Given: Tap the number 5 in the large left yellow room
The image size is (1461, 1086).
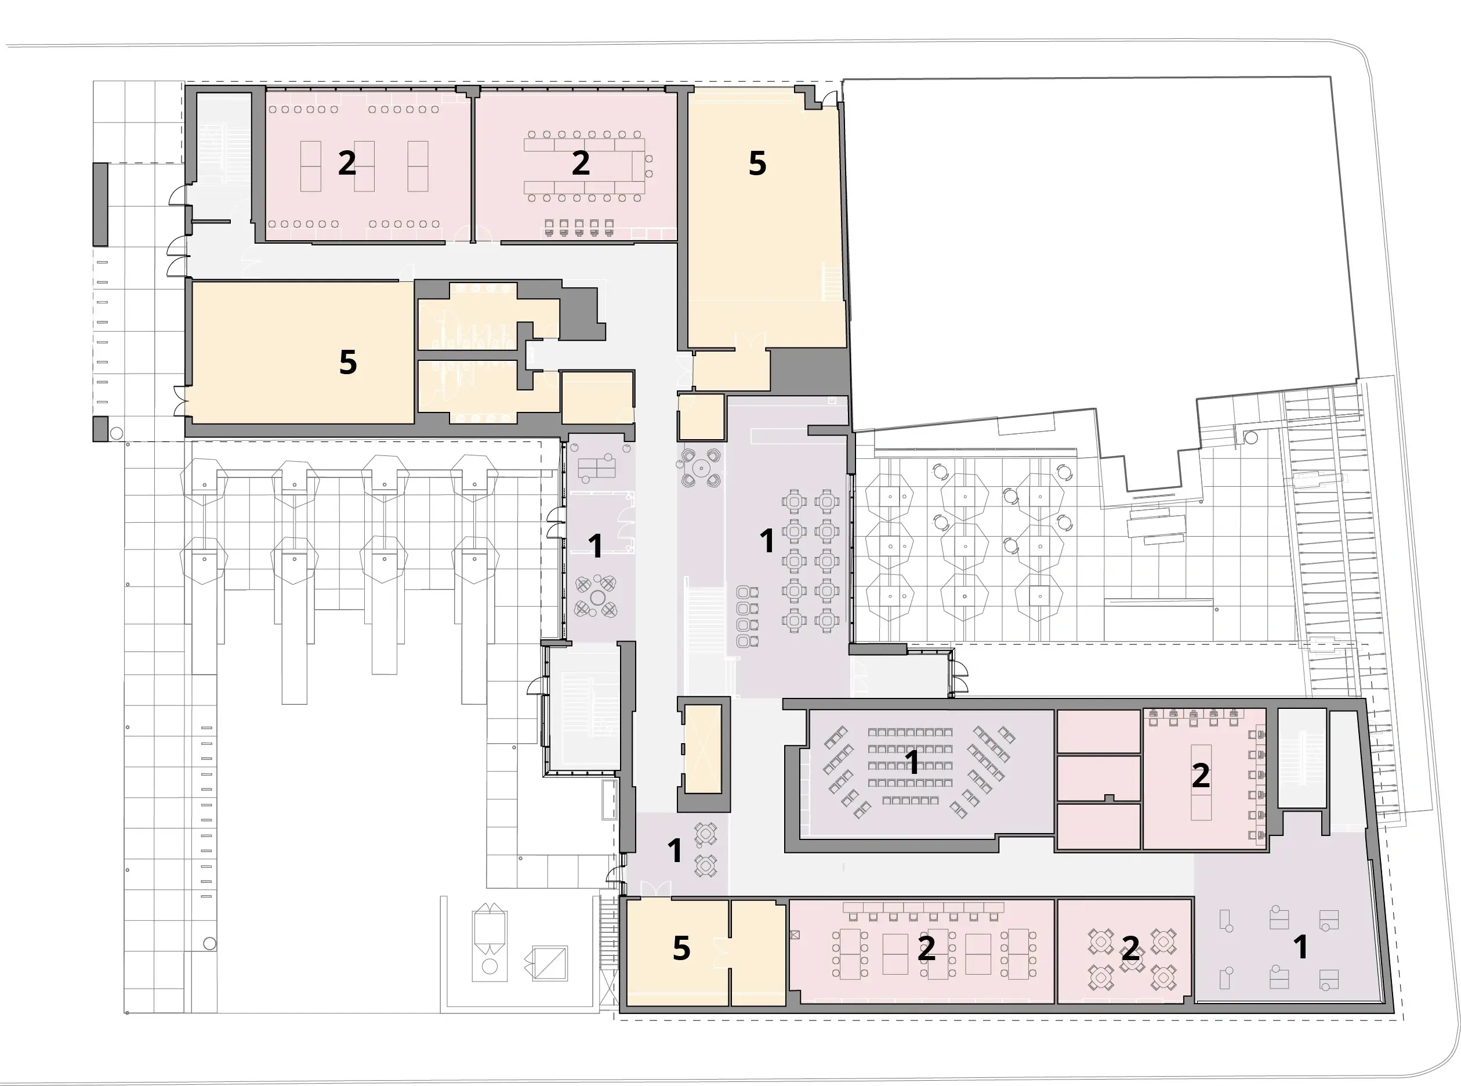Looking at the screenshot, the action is coord(347,362).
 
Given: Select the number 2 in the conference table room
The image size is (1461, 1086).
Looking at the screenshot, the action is coord(581,163).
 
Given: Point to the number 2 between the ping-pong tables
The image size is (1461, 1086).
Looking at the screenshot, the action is coord(347,163).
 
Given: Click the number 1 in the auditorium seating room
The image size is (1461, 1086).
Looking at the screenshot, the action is coord(912,762).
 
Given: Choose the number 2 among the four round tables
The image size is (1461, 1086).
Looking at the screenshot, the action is coord(1130,948).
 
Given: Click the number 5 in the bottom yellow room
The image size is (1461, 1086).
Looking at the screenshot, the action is coord(681,948).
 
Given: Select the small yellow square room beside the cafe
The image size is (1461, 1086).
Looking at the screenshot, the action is coord(701,417).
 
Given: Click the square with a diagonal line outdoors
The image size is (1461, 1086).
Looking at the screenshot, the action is coord(549,964).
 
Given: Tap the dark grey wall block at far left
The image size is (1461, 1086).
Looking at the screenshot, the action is coord(100,204).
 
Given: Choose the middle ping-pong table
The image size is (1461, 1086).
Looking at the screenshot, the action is coord(364,166).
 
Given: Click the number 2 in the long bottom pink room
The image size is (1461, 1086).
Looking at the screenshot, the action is coord(926,948).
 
